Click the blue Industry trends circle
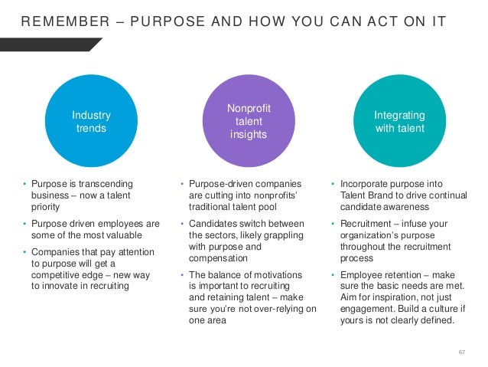(91, 121)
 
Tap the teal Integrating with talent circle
(399, 121)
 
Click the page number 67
(461, 351)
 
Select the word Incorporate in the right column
(366, 184)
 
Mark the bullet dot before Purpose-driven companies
(181, 184)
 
